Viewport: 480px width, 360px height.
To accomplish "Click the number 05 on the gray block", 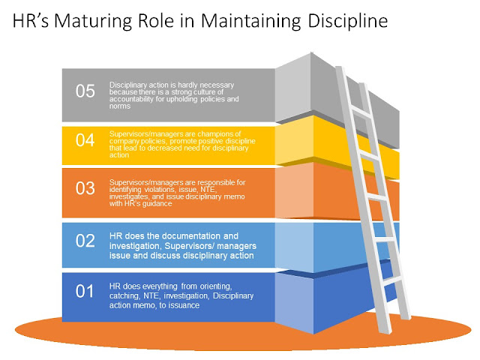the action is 85,91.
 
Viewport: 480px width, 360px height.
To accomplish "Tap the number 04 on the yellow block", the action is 85,140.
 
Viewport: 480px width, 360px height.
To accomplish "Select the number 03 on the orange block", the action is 85,188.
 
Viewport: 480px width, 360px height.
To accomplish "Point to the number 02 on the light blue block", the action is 85,241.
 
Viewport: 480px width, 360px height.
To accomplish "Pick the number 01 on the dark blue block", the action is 85,291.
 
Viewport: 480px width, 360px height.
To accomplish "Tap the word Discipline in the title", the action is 348,22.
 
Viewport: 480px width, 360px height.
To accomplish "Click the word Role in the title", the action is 156,21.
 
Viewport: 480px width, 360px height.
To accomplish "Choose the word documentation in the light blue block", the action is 190,236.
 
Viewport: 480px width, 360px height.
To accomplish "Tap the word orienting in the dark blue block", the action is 216,286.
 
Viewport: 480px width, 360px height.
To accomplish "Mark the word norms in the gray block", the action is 120,106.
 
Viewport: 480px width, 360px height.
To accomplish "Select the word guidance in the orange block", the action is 157,204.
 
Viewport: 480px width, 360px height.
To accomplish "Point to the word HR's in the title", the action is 31,21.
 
